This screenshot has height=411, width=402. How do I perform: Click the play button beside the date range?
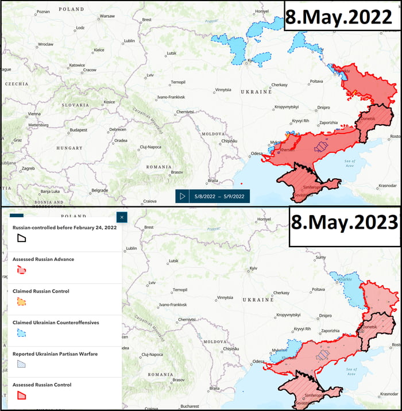(183, 196)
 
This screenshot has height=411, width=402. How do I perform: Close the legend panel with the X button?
(121, 217)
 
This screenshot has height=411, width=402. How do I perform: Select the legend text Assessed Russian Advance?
(43, 259)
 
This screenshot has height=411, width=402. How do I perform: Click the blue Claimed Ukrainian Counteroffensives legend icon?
(21, 333)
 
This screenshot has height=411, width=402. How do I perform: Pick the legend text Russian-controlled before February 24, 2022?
(64, 228)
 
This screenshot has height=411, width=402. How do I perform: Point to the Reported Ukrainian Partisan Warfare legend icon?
(21, 364)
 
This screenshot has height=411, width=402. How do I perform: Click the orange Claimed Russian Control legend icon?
(21, 301)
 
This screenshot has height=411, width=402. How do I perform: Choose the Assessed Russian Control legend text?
(42, 385)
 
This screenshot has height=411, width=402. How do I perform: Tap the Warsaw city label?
(107, 16)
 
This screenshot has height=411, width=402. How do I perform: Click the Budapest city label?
(78, 130)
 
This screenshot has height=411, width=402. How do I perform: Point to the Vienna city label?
(34, 114)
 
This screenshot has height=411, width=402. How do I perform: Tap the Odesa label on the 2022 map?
(257, 153)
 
